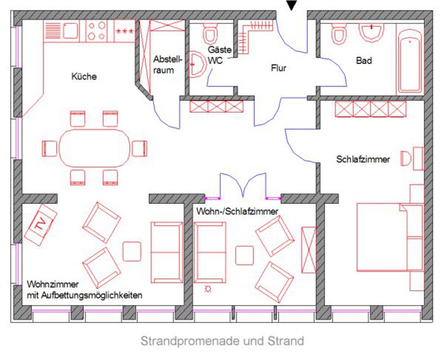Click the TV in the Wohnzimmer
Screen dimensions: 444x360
tap(41, 225)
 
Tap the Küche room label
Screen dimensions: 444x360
tap(84, 77)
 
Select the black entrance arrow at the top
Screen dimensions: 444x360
tap(292, 5)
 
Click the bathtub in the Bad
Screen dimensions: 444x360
tap(410, 61)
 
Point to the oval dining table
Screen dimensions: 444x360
tap(95, 148)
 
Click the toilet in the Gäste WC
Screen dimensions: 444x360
tap(210, 33)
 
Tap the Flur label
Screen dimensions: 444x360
tap(279, 68)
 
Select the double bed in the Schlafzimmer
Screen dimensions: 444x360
tap(390, 237)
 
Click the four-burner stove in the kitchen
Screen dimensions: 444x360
tap(97, 31)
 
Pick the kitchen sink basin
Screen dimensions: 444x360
tap(70, 31)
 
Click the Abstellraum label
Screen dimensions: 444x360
tap(167, 65)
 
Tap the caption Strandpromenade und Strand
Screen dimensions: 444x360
tap(222, 341)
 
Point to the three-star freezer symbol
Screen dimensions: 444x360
tap(125, 31)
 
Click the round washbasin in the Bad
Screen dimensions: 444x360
tap(371, 32)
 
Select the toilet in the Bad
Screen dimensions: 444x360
tap(339, 34)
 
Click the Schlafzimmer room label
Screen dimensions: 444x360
tap(363, 159)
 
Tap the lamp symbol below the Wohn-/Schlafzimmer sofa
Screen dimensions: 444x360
tap(208, 289)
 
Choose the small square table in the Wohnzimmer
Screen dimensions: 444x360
tap(132, 251)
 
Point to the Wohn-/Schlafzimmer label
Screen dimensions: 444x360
tap(237, 211)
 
